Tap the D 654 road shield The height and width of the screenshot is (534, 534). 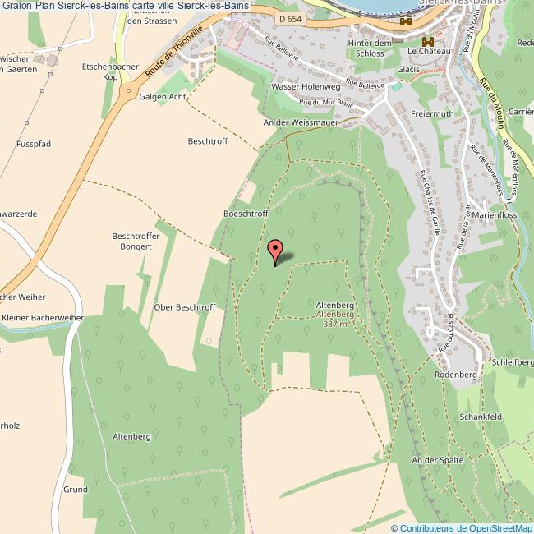pyautogui.click(x=288, y=18)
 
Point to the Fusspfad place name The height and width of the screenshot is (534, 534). pyautogui.click(x=34, y=144)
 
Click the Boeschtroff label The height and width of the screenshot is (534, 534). pyautogui.click(x=246, y=214)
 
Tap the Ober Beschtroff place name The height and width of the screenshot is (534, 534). pyautogui.click(x=185, y=307)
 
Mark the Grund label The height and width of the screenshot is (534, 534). pyautogui.click(x=76, y=489)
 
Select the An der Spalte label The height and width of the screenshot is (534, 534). pyautogui.click(x=438, y=460)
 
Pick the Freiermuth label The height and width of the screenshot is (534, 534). pyautogui.click(x=432, y=114)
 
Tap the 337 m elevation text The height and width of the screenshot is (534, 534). pyautogui.click(x=336, y=324)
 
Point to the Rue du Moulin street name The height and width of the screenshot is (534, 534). pyautogui.click(x=493, y=103)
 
